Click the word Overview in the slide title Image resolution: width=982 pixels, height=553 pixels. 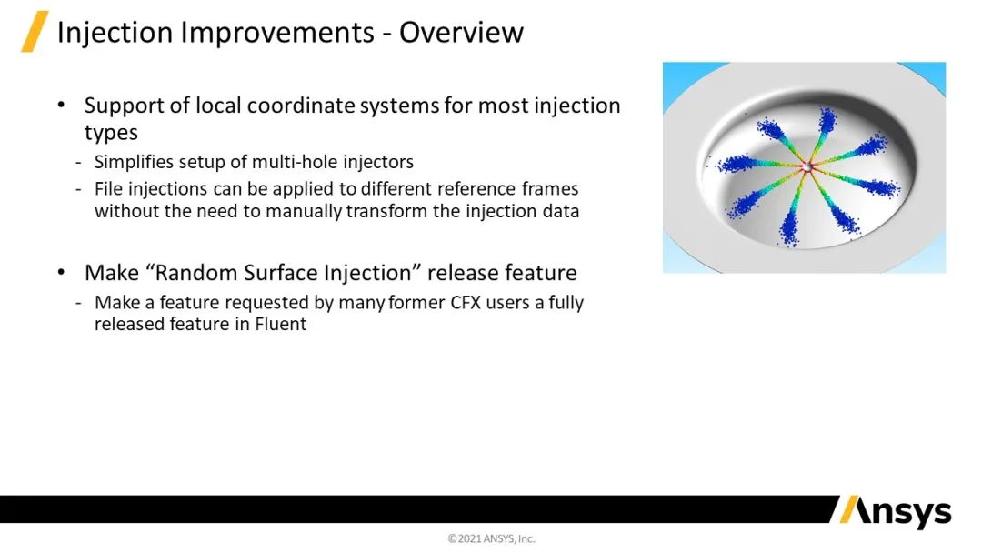point(461,33)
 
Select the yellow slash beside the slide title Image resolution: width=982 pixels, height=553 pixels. point(35,31)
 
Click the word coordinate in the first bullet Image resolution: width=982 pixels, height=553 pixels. point(304,106)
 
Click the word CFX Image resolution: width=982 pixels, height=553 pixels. point(466,303)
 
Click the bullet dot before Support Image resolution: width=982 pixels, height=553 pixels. point(61,105)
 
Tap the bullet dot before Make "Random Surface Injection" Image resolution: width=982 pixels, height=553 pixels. point(61,273)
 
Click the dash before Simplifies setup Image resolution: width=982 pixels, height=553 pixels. point(78,162)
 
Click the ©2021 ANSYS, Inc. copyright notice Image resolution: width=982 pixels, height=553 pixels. point(491,538)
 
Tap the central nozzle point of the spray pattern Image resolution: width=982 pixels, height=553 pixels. point(807,166)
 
